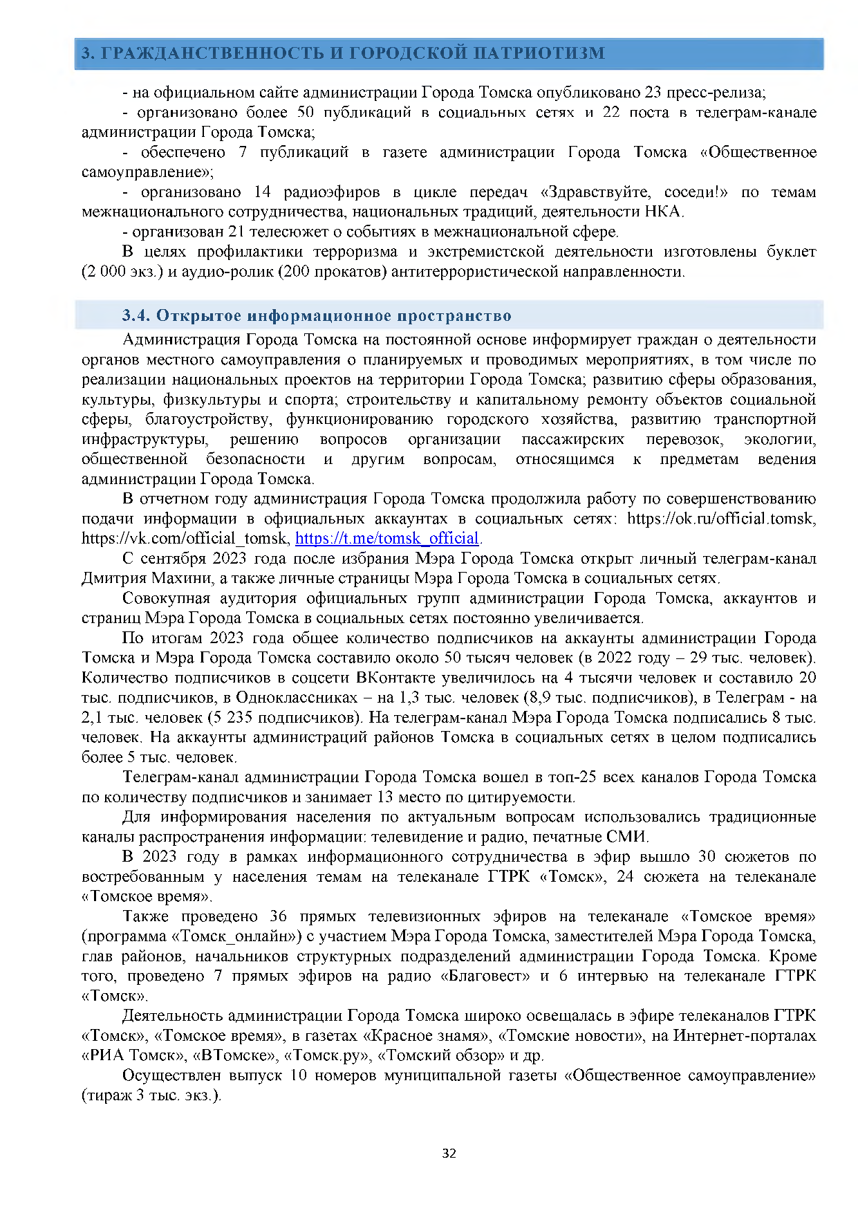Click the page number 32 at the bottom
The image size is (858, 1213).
[x=449, y=1153]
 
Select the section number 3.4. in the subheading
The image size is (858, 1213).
[x=136, y=316]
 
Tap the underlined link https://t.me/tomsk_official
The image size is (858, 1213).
[x=387, y=538]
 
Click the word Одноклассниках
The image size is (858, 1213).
[x=297, y=698]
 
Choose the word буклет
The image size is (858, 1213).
[x=791, y=252]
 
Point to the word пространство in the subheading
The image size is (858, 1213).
[x=454, y=316]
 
